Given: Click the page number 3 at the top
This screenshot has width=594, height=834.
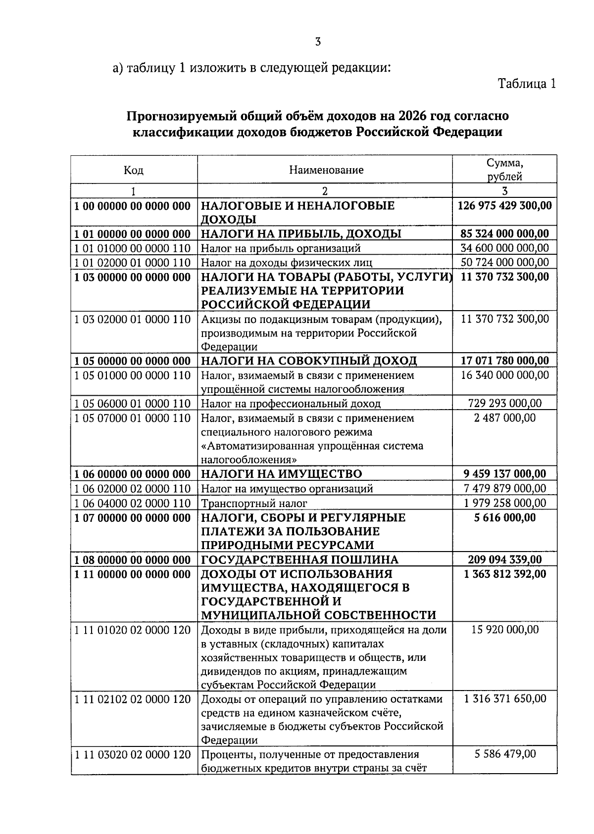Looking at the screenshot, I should pyautogui.click(x=318, y=42).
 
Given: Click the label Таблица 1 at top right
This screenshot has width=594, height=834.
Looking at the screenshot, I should pyautogui.click(x=526, y=84).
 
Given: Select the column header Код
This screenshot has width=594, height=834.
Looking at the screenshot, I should pyautogui.click(x=134, y=170).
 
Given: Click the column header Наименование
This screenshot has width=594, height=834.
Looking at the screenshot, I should pyautogui.click(x=326, y=170).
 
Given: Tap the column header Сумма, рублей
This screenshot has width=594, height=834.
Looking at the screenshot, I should pyautogui.click(x=504, y=170).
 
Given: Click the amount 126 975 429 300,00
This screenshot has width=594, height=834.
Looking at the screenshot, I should pyautogui.click(x=505, y=205).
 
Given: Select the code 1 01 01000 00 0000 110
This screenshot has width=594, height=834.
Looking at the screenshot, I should pyautogui.click(x=132, y=248).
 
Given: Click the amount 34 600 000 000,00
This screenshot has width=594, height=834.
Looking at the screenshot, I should pyautogui.click(x=504, y=248).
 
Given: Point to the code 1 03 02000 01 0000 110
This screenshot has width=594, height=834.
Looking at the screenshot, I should pyautogui.click(x=132, y=320).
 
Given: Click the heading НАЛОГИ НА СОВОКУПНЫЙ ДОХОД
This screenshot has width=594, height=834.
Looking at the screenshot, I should pyautogui.click(x=309, y=361).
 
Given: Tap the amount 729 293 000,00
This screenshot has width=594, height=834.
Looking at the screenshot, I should pyautogui.click(x=504, y=404).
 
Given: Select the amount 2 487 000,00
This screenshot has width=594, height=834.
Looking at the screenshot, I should pyautogui.click(x=504, y=418).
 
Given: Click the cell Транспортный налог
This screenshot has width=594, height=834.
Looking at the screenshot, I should pyautogui.click(x=254, y=504).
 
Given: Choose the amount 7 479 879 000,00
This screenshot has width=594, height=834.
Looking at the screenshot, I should pyautogui.click(x=504, y=489).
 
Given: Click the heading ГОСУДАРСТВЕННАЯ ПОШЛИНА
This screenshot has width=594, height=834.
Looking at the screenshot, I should pyautogui.click(x=299, y=560).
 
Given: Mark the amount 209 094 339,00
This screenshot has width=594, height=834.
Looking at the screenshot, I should pyautogui.click(x=504, y=560).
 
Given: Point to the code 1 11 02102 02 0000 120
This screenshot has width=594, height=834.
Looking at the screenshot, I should pyautogui.click(x=132, y=699).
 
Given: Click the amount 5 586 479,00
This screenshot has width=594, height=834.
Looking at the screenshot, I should pyautogui.click(x=504, y=754).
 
